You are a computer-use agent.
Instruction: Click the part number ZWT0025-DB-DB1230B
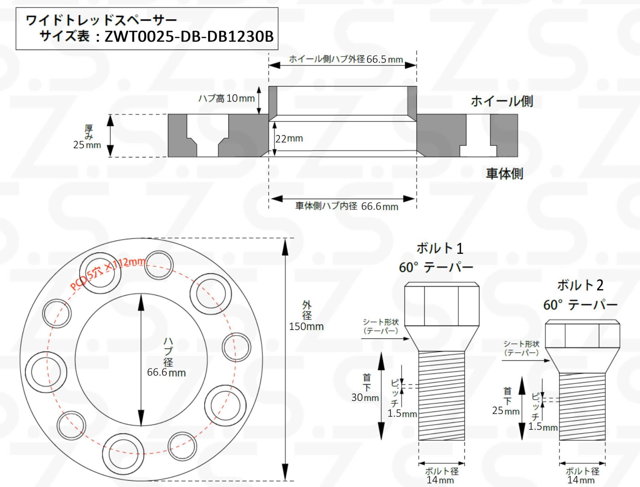pos(189,37)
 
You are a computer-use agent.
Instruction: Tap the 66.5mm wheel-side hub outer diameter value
pos(385,59)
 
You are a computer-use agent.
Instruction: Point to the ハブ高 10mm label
pos(227,99)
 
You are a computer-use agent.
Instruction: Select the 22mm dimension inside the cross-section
pos(289,139)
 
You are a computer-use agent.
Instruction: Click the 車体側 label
pos(504,174)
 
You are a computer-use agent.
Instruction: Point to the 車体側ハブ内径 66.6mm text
pos(347,206)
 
